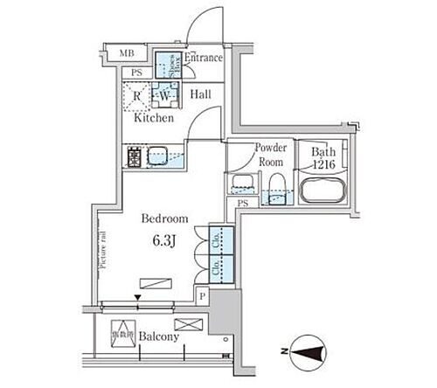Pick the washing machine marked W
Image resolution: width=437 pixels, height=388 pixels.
(164, 94)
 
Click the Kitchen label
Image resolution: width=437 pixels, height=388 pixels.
(154, 117)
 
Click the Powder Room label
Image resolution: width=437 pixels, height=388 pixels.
(271, 155)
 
